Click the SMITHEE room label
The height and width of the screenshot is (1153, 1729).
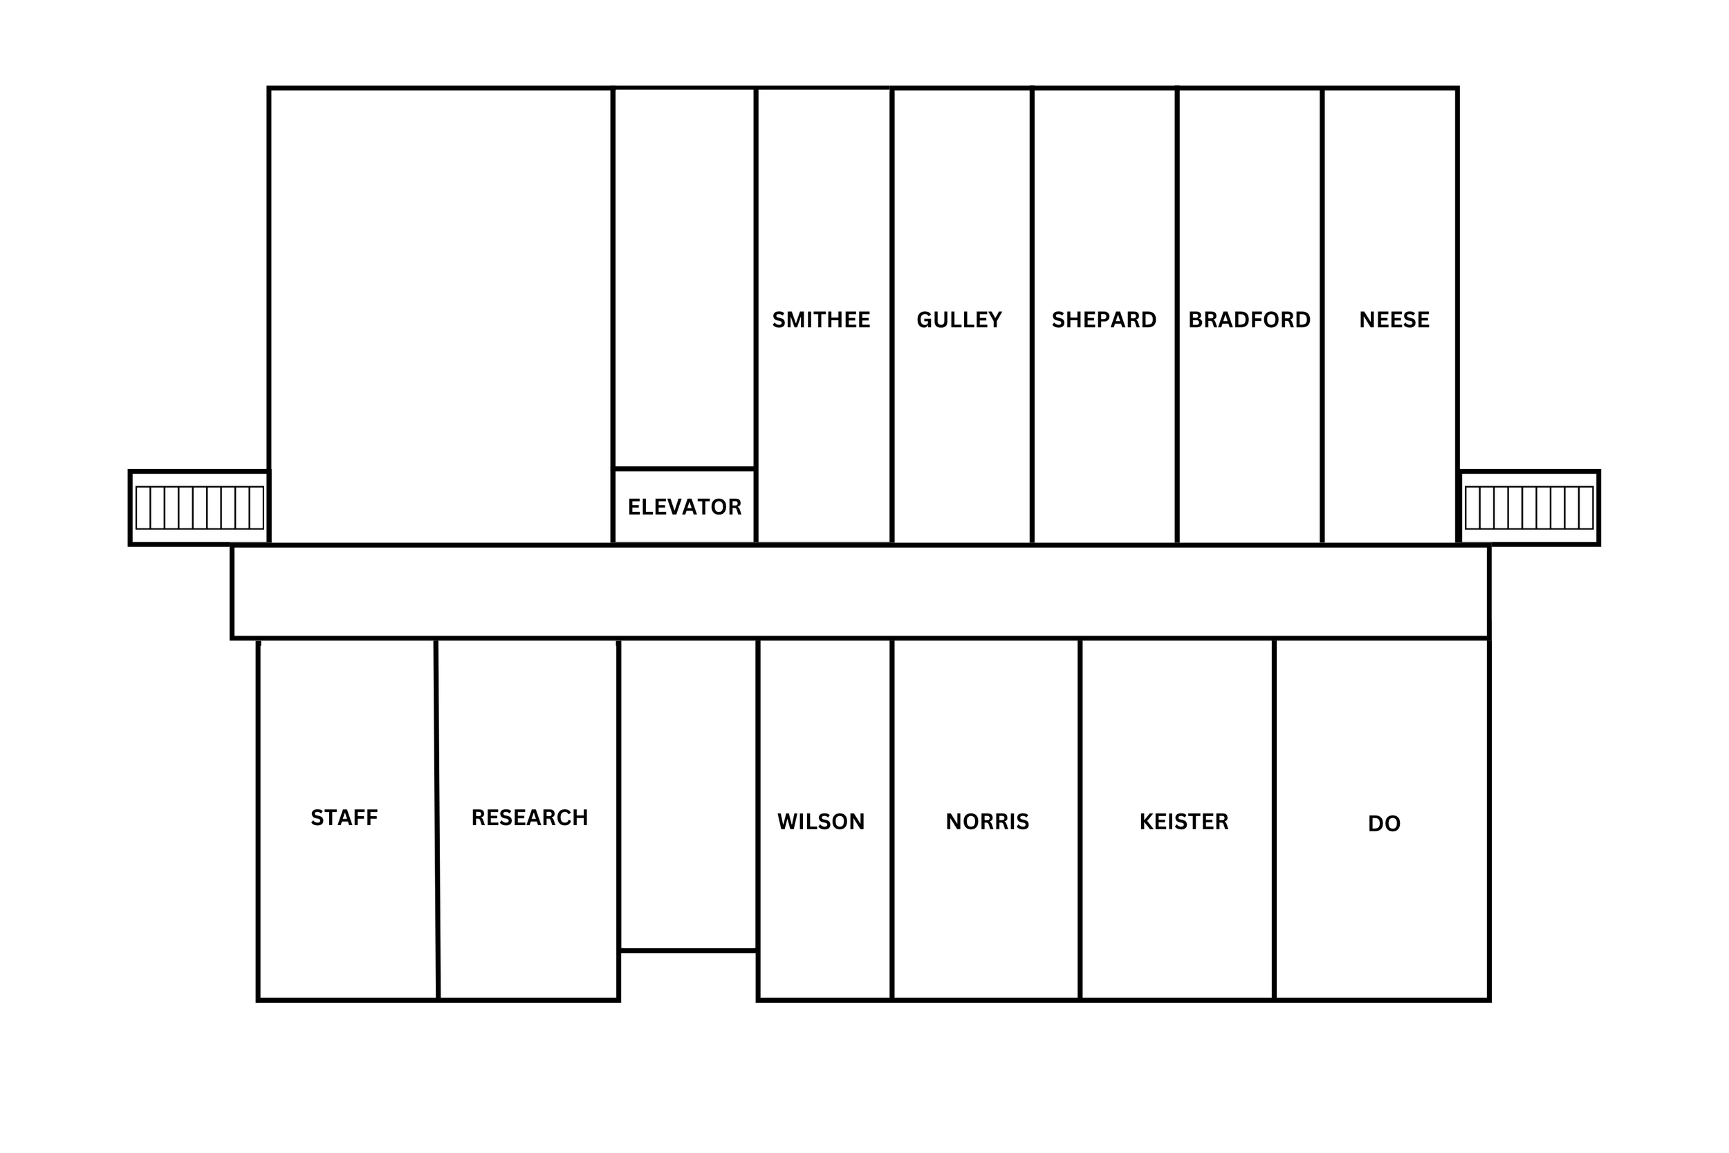pyautogui.click(x=820, y=320)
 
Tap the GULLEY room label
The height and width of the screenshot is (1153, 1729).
pyautogui.click(x=959, y=320)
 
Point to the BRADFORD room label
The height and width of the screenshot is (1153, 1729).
pyautogui.click(x=1249, y=320)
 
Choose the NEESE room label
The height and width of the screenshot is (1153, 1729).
pyautogui.click(x=1394, y=320)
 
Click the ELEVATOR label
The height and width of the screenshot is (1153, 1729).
pyautogui.click(x=685, y=507)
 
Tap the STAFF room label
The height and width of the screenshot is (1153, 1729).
pyautogui.click(x=344, y=818)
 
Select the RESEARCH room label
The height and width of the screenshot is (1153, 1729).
pyautogui.click(x=529, y=818)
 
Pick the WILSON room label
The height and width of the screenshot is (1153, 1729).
pyautogui.click(x=820, y=822)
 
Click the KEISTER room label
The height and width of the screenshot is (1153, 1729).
pyautogui.click(x=1183, y=822)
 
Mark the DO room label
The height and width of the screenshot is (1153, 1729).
pyautogui.click(x=1383, y=824)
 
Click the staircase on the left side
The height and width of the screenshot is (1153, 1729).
pyautogui.click(x=199, y=508)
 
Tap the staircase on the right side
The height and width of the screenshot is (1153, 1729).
pyautogui.click(x=1529, y=508)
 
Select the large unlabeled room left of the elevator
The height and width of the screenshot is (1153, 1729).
pyautogui.click(x=440, y=316)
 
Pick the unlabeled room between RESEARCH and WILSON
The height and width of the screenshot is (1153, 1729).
pyautogui.click(x=687, y=794)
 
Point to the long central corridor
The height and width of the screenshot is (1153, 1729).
pyautogui.click(x=860, y=592)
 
